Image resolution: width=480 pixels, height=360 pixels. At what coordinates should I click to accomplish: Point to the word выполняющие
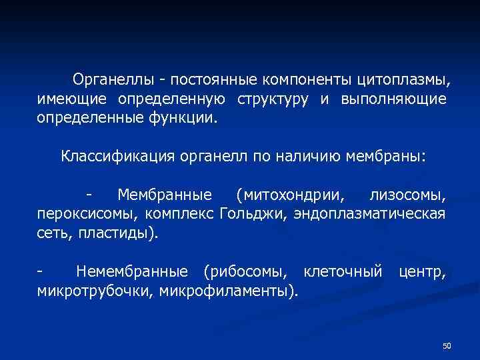click(x=393, y=99)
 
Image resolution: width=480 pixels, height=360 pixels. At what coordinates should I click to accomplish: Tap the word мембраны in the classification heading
click(x=385, y=157)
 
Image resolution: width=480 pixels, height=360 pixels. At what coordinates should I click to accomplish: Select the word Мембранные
click(x=165, y=195)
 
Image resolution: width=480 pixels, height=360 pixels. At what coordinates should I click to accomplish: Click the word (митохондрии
click(x=291, y=195)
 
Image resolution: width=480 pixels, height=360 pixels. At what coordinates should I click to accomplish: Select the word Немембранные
click(x=131, y=271)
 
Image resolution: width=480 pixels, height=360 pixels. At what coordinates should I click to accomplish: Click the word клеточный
click(x=343, y=271)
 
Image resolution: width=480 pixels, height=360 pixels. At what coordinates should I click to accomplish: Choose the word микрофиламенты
click(x=229, y=290)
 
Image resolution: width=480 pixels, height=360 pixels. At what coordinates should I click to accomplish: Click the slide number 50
click(x=447, y=345)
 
